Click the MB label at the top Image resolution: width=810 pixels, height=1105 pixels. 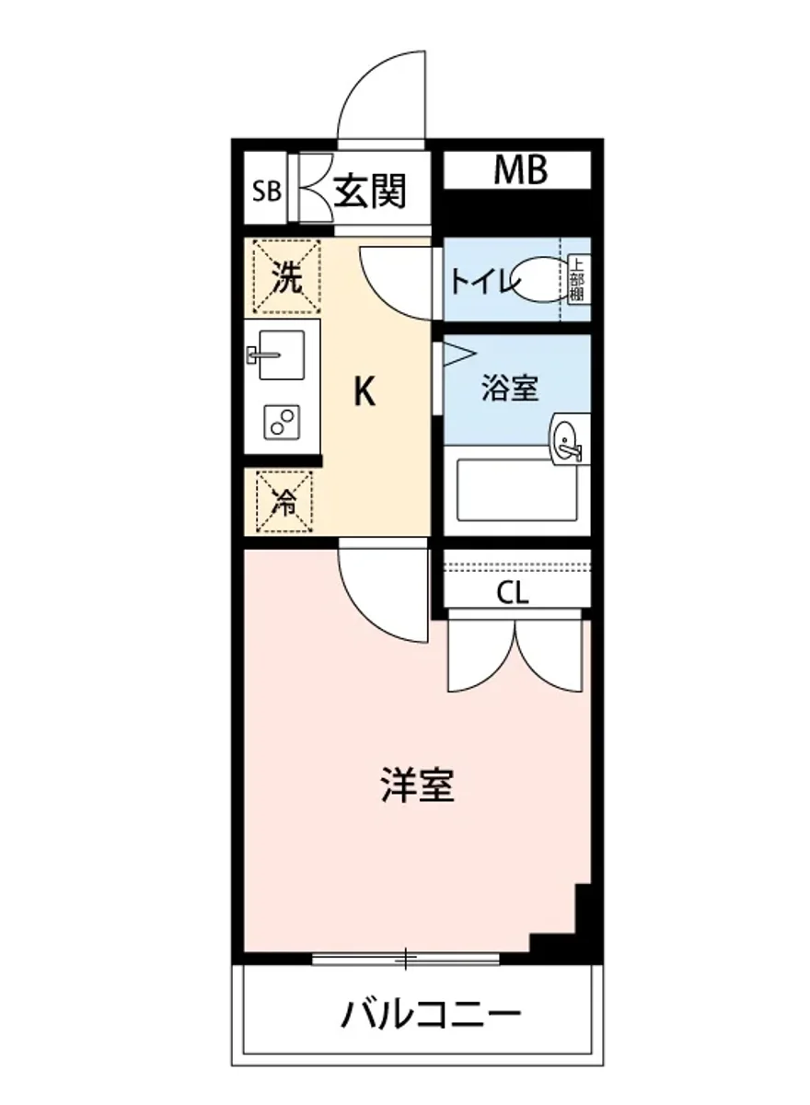[520, 170]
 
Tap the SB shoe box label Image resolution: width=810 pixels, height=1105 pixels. [267, 192]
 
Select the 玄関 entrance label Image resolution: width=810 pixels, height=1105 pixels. [369, 191]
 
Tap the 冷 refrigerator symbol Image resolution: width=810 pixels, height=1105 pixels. [285, 503]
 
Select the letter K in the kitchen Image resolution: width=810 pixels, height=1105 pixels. [365, 393]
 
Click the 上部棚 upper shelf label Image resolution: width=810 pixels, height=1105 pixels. [576, 280]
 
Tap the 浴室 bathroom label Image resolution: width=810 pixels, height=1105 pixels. [510, 388]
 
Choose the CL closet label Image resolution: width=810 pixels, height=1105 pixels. [513, 594]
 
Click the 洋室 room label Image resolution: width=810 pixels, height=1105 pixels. [418, 784]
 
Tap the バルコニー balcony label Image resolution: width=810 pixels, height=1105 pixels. [431, 1017]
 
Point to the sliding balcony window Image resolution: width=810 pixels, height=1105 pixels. [405, 960]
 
